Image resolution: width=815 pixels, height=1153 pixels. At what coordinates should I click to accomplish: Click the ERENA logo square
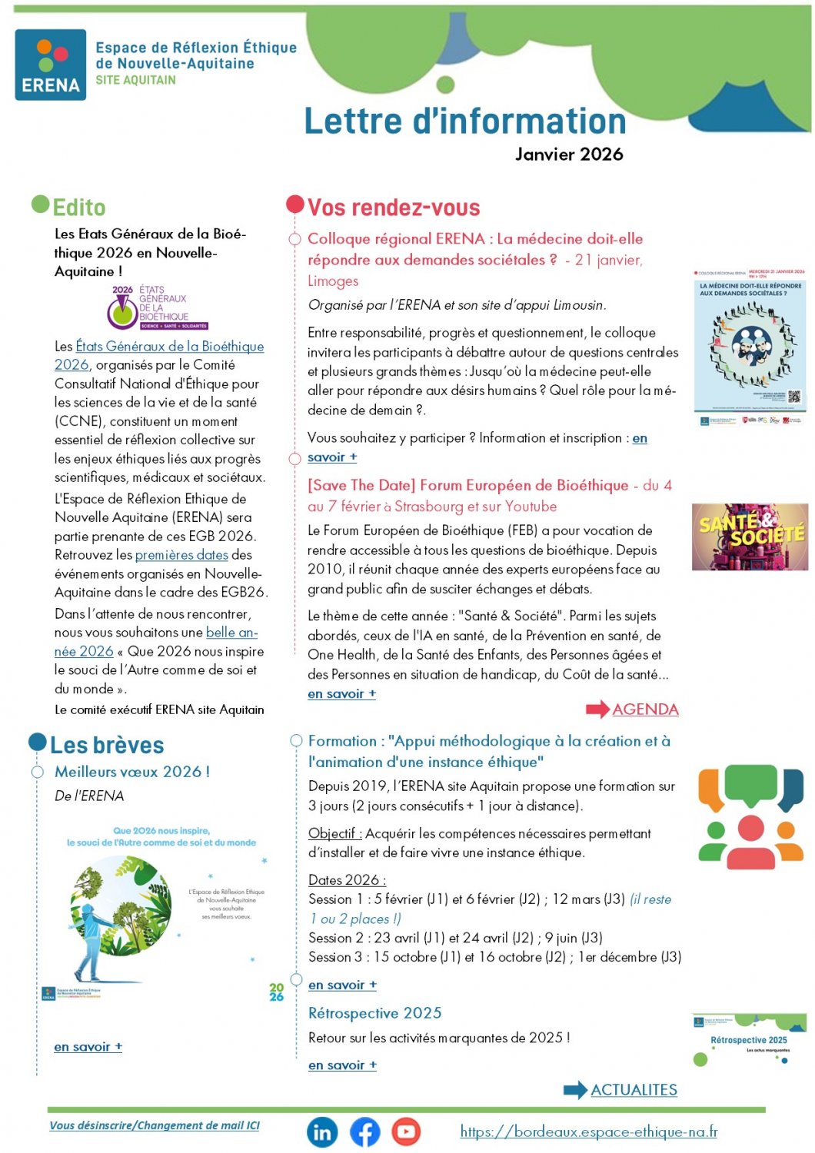51,65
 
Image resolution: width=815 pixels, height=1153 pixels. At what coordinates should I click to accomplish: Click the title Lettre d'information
465,121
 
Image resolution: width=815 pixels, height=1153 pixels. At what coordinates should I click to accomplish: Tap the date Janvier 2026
569,155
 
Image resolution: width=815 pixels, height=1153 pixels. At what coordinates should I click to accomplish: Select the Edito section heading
78,208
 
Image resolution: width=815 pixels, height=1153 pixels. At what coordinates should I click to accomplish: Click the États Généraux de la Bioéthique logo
158,307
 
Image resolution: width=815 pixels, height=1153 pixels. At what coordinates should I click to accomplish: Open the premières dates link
181,555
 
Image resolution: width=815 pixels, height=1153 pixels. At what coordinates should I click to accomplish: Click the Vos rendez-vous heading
394,208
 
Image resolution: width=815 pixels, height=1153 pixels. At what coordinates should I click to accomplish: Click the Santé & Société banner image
750,537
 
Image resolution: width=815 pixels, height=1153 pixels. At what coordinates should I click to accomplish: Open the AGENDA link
645,709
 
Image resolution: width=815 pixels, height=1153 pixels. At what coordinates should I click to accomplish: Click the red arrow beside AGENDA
597,709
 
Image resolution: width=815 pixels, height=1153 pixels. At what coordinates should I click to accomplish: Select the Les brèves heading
107,746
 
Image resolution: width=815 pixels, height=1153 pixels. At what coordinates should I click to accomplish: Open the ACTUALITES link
634,1090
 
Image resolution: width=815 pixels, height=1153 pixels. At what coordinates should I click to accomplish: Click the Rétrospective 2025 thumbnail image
750,1040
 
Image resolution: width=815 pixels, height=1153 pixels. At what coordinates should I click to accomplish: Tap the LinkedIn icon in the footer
322,1132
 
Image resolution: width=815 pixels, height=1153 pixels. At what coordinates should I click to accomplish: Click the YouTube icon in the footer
406,1131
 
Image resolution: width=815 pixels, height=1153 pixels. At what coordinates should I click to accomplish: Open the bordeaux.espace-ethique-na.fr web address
588,1131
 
